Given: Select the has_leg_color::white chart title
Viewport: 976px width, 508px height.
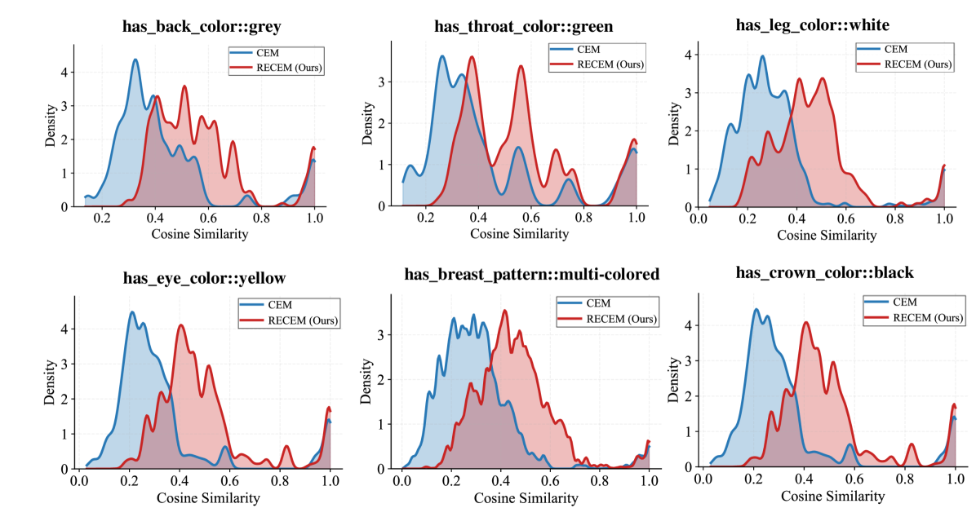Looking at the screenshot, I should click(813, 24).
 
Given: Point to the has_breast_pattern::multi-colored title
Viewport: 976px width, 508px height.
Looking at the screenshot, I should click(531, 275).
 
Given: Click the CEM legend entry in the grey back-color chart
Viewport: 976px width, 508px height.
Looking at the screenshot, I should click(268, 54).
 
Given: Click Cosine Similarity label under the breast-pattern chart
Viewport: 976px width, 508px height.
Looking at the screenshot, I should click(525, 497).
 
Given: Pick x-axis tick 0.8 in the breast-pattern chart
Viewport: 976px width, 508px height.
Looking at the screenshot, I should click(600, 482).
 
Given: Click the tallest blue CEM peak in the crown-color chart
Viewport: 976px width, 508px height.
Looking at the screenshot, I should click(756, 309).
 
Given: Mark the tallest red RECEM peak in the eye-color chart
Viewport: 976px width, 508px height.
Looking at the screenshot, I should click(180, 325).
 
